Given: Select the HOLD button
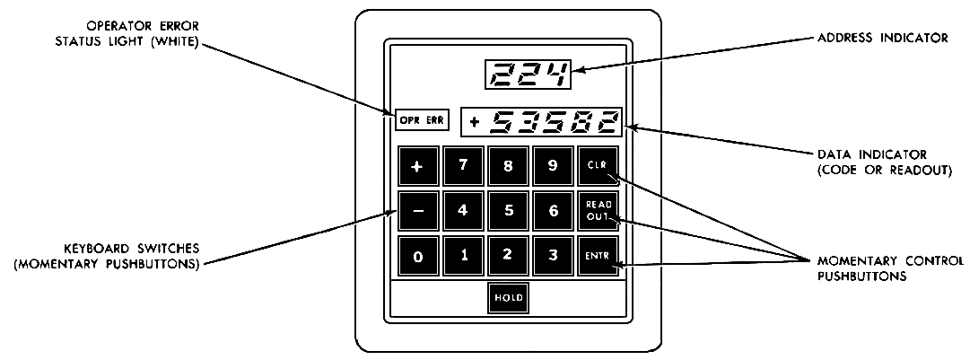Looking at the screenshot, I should coord(508,297).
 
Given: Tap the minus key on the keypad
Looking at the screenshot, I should coord(418,212).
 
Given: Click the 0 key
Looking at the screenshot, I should coord(418,257).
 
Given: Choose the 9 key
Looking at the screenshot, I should coord(554,166).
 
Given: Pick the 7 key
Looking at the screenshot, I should coord(463,166).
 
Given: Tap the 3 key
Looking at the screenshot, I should coord(554,256).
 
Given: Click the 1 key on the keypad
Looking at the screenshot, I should coord(463,256).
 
